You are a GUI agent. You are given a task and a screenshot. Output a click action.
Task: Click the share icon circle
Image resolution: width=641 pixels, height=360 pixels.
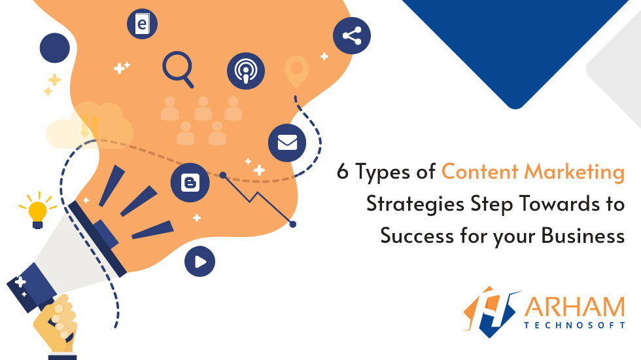point(351,35)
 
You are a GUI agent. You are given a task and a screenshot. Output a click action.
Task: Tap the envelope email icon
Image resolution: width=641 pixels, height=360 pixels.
point(287,142)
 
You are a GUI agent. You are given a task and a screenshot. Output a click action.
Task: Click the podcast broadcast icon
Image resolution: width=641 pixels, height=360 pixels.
point(246,70)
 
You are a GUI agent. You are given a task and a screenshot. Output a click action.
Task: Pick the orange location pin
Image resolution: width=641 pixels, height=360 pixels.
point(296,71)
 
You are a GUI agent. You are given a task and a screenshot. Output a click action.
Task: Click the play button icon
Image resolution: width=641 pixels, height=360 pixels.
point(199,262)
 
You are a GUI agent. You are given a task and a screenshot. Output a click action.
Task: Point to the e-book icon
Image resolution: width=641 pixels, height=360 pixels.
point(142,24)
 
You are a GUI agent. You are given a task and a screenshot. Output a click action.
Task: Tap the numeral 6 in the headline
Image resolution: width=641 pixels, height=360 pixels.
point(343,172)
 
